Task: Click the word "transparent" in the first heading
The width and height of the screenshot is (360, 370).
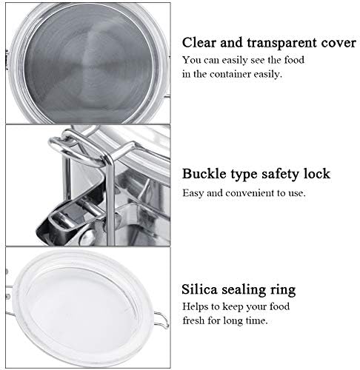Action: (282, 44)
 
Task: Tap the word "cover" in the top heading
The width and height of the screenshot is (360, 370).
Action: (339, 44)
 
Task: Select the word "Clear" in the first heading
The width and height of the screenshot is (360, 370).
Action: (199, 42)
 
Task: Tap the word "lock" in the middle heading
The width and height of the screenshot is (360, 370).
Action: (317, 174)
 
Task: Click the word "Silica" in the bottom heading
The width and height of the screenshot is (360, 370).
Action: (199, 289)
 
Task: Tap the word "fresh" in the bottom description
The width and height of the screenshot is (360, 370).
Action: (193, 320)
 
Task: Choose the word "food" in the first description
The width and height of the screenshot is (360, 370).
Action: (294, 60)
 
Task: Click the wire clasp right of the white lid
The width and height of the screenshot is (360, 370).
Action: (162, 320)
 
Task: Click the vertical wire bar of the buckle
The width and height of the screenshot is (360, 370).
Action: (110, 200)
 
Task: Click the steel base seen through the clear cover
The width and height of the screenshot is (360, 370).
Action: (88, 64)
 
